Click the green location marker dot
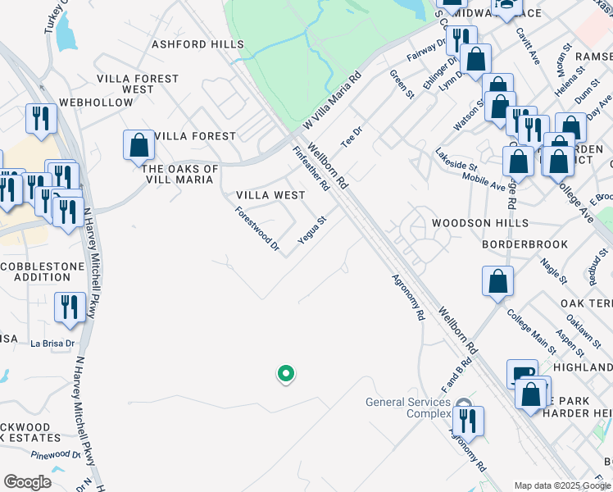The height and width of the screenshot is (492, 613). click(x=286, y=374)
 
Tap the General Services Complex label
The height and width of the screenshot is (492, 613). click(x=408, y=407)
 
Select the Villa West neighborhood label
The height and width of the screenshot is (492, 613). click(x=270, y=195)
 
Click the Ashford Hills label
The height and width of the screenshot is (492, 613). click(x=186, y=44)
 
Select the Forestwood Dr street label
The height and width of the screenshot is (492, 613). click(x=257, y=228)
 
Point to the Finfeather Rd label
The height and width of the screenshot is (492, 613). click(x=311, y=168)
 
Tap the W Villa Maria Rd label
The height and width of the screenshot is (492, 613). click(x=330, y=103)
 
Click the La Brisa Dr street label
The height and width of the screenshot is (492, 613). click(x=52, y=344)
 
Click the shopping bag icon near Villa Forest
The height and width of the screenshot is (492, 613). click(x=139, y=145)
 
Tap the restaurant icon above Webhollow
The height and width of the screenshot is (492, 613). click(x=40, y=118)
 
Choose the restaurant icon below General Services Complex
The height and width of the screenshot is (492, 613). click(x=468, y=421)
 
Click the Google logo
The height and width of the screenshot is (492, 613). click(x=28, y=481)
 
